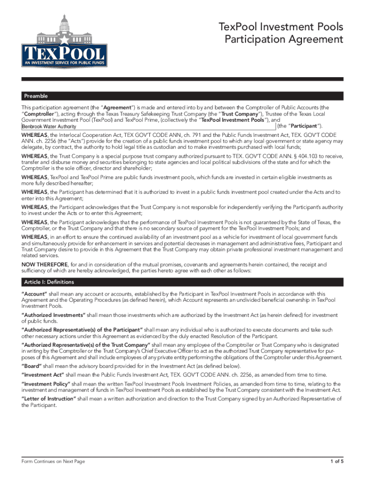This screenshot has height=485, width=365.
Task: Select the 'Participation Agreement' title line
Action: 283,40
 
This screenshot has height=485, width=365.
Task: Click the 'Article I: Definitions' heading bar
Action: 49,282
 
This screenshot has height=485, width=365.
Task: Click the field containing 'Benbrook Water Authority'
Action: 148,126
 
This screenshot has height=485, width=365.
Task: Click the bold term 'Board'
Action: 32,366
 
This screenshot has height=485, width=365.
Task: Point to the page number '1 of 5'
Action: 336,461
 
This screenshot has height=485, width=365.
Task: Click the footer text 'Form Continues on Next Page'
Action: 53,461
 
